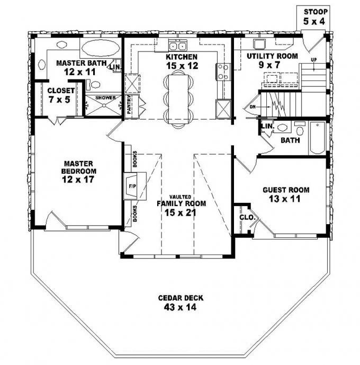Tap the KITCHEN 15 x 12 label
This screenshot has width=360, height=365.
click(182, 61)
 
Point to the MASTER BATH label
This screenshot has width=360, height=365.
click(80, 67)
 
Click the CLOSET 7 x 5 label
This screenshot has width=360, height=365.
click(60, 94)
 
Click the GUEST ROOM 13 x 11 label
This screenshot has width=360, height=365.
click(286, 194)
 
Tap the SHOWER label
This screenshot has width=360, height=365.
click(104, 98)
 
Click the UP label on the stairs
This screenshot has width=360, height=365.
click(314, 59)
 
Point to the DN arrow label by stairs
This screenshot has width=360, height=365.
click(253, 106)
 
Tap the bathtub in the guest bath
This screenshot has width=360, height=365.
click(317, 138)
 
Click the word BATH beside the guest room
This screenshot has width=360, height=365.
click(290, 141)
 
